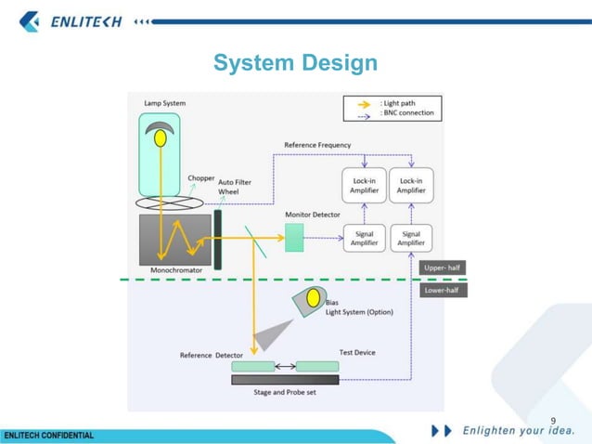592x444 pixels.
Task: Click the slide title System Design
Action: (x=295, y=63)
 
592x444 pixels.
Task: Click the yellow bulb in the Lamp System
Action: (x=161, y=137)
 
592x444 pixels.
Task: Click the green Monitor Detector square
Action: (x=294, y=238)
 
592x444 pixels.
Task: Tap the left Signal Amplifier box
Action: (x=365, y=238)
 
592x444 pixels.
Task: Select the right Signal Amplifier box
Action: (x=410, y=238)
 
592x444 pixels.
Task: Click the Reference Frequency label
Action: (x=317, y=146)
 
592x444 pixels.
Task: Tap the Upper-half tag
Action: (x=443, y=268)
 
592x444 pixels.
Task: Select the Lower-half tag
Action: (x=443, y=290)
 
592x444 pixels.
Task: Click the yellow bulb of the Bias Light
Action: (x=314, y=297)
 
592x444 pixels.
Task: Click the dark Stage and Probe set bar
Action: (x=285, y=379)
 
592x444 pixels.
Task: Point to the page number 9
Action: (x=554, y=421)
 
